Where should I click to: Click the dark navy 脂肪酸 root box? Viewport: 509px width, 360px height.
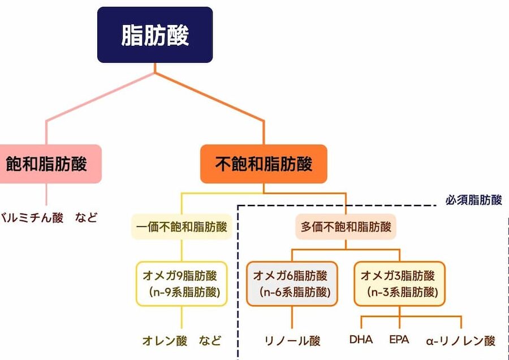pyautogui.click(x=155, y=35)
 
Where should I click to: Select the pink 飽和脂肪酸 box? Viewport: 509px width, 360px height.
pyautogui.click(x=50, y=164)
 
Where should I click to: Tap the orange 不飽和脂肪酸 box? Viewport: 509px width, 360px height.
pyautogui.click(x=264, y=164)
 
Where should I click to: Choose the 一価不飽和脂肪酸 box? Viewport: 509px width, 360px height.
pyautogui.click(x=182, y=228)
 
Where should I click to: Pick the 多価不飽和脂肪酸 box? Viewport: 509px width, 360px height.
pyautogui.click(x=346, y=228)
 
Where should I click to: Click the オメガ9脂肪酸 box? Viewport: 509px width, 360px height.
pyautogui.click(x=181, y=284)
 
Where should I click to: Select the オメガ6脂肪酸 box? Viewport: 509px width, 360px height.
pyautogui.click(x=291, y=284)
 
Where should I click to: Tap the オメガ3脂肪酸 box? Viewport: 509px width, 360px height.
pyautogui.click(x=399, y=284)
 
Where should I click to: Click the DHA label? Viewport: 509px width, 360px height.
pyautogui.click(x=361, y=340)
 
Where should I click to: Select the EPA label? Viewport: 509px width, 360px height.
pyautogui.click(x=399, y=340)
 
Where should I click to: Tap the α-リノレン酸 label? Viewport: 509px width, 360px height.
pyautogui.click(x=460, y=341)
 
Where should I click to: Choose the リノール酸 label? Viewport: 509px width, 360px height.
pyautogui.click(x=292, y=341)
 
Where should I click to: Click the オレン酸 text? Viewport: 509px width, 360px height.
pyautogui.click(x=165, y=341)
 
